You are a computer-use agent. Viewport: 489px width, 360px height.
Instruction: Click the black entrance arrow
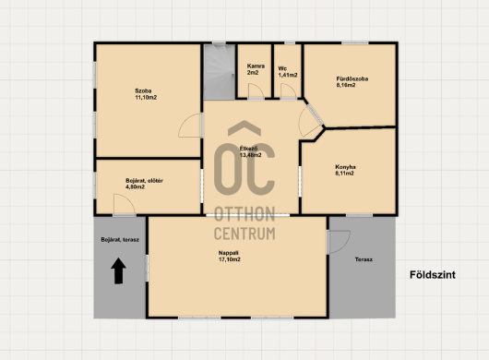[118, 270]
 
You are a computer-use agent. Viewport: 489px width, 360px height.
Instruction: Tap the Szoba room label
[143, 90]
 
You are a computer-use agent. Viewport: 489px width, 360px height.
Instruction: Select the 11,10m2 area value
[146, 98]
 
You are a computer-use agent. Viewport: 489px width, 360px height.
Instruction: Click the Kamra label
[256, 66]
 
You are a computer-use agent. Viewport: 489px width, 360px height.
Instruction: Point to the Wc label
[282, 68]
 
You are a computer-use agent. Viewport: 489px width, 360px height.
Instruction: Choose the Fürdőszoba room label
[352, 78]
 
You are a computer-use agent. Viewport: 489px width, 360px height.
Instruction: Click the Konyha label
[345, 167]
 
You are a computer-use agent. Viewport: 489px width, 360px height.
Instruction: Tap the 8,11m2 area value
[344, 174]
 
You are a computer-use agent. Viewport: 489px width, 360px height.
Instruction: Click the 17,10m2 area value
[229, 259]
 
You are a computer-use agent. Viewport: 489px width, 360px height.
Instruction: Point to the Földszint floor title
[433, 275]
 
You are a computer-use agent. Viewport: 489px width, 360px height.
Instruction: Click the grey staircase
[220, 72]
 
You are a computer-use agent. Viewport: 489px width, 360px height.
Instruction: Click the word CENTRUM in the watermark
[244, 234]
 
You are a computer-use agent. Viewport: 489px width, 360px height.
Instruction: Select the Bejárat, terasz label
[120, 240]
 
